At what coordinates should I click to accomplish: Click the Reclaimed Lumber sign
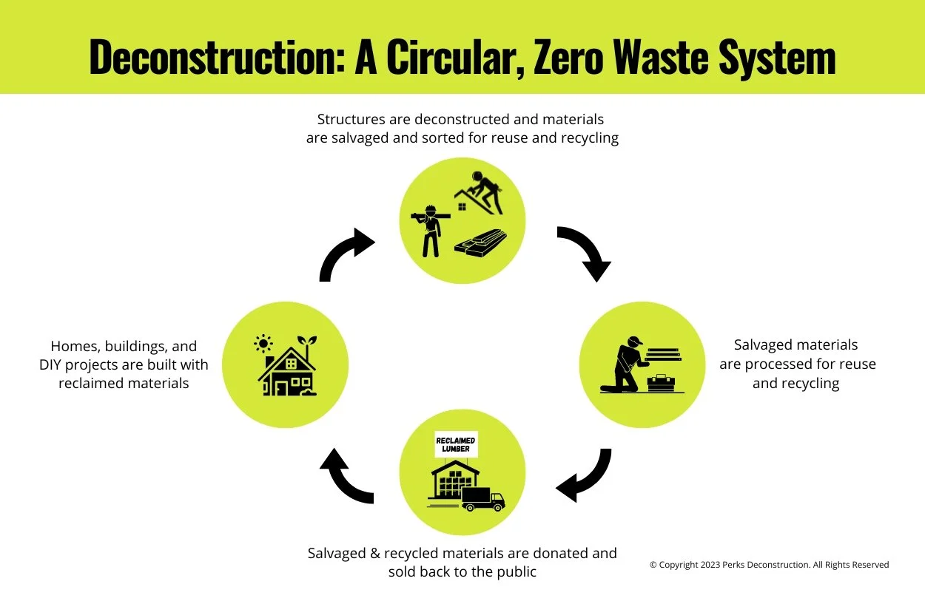(x=456, y=444)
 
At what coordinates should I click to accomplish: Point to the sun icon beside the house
(x=263, y=344)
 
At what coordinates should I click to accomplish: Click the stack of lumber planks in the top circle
(x=481, y=242)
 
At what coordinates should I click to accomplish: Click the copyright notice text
(x=769, y=565)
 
